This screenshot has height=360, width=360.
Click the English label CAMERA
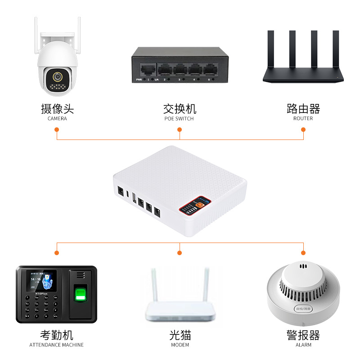pyautogui.click(x=57, y=119)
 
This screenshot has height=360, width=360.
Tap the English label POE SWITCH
pyautogui.click(x=179, y=119)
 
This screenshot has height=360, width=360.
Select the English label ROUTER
pyautogui.click(x=303, y=119)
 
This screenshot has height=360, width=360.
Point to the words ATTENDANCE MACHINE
pyautogui.click(x=57, y=345)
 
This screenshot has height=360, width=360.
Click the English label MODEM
pyautogui.click(x=180, y=345)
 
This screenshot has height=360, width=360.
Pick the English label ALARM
pyautogui.click(x=303, y=345)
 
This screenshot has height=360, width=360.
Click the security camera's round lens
pyautogui.click(x=57, y=77)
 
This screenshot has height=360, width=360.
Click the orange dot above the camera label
pyautogui.click(x=57, y=130)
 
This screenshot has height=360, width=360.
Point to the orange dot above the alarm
pyautogui.click(x=303, y=252)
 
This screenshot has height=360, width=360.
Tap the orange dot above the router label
pyautogui.click(x=303, y=130)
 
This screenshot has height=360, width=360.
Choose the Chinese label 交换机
pyautogui.click(x=180, y=109)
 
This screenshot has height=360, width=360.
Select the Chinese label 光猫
pyautogui.click(x=180, y=335)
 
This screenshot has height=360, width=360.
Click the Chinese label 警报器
pyautogui.click(x=303, y=335)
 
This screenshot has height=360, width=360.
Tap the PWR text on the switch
pyautogui.click(x=139, y=80)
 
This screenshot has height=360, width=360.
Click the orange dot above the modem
pyautogui.click(x=180, y=252)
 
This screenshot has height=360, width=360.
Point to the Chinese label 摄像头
pyautogui.click(x=57, y=109)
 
